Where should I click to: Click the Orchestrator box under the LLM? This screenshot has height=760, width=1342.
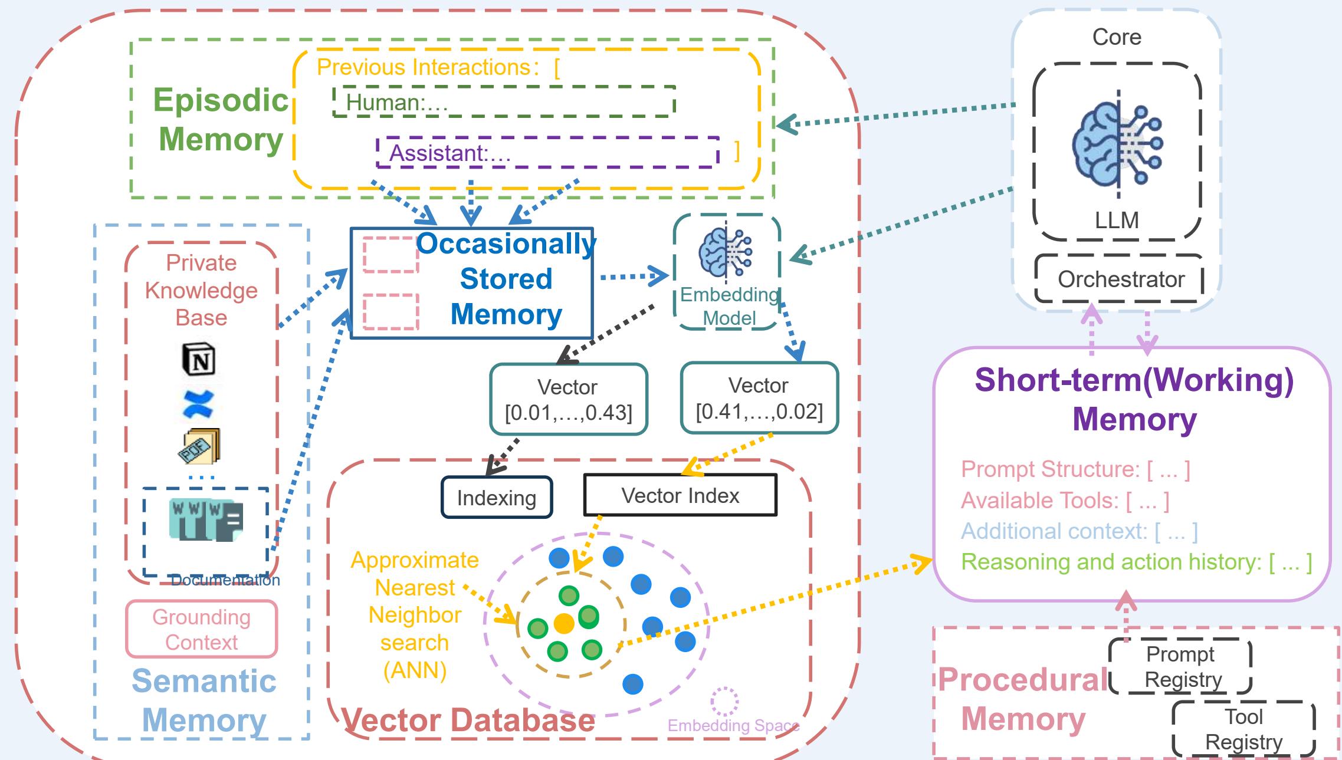(1120, 279)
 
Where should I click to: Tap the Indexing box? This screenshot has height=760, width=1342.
(497, 498)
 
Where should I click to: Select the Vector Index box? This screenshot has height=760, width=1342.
(680, 495)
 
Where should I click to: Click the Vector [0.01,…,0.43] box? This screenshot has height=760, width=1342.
(569, 399)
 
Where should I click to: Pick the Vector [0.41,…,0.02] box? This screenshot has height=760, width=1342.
(759, 398)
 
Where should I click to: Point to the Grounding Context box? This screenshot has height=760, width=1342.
(201, 629)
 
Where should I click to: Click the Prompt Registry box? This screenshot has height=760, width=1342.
(1180, 666)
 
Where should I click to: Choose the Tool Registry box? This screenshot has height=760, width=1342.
(1243, 729)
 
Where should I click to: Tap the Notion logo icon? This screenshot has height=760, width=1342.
(199, 358)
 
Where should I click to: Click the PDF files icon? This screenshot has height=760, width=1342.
(199, 446)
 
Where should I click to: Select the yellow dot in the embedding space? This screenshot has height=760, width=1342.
(564, 623)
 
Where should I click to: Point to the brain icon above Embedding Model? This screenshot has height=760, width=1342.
(726, 253)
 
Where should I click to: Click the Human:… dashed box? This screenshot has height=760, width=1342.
(504, 101)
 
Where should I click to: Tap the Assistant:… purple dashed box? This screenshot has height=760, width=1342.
(547, 153)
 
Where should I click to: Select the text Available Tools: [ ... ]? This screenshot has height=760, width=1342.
(1065, 501)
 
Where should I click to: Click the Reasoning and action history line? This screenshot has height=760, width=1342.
(1136, 562)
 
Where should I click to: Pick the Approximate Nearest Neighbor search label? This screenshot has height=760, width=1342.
(415, 615)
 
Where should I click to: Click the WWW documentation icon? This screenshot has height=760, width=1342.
(205, 520)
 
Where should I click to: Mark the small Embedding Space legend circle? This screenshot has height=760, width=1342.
(724, 700)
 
